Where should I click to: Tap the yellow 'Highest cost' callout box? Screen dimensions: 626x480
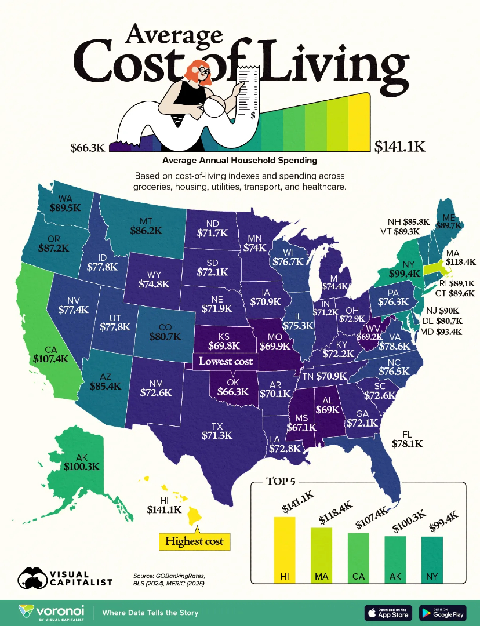(x=195, y=541)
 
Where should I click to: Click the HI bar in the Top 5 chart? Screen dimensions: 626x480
(x=284, y=549)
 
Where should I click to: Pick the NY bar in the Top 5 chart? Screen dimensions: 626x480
(x=431, y=559)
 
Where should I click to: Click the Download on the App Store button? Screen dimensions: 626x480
(x=387, y=612)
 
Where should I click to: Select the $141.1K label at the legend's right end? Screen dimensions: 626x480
(x=400, y=147)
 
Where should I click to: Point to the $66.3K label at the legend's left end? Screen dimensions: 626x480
(x=87, y=147)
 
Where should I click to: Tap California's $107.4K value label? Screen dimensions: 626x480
(x=48, y=359)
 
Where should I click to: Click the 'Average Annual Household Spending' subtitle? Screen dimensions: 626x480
(x=240, y=160)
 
